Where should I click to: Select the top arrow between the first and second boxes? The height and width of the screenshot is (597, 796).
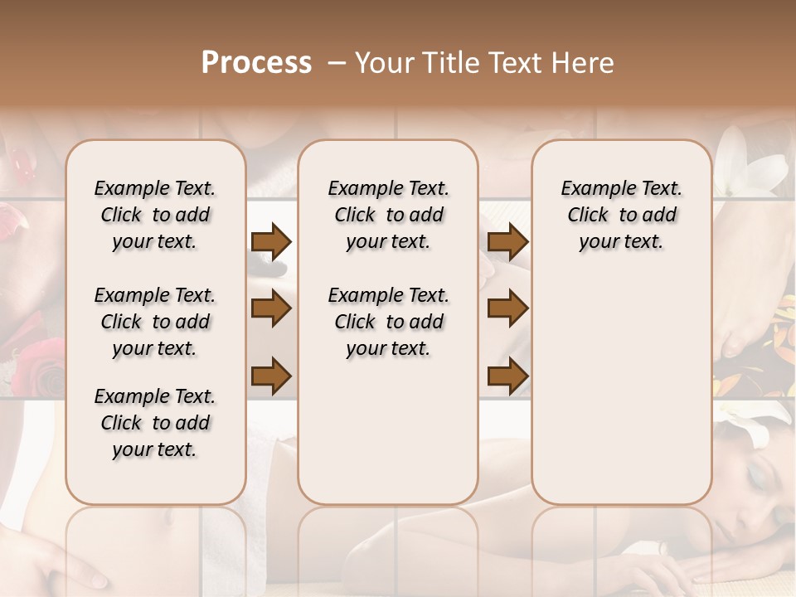[271, 241]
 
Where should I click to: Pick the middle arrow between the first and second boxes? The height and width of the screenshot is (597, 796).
[271, 309]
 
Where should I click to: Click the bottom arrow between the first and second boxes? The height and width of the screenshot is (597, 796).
[271, 376]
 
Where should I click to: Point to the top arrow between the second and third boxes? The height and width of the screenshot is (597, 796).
[507, 241]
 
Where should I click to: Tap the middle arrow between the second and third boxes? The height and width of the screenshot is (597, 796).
[507, 309]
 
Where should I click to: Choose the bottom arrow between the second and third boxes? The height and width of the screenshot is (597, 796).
[507, 376]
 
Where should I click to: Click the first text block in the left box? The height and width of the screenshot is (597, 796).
[155, 215]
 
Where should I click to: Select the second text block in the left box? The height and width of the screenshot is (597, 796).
[155, 322]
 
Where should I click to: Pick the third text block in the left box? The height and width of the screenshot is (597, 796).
[155, 423]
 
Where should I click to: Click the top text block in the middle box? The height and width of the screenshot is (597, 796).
[388, 215]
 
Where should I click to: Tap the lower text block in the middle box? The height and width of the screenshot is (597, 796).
[388, 322]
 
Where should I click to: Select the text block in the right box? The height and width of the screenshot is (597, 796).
[621, 215]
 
